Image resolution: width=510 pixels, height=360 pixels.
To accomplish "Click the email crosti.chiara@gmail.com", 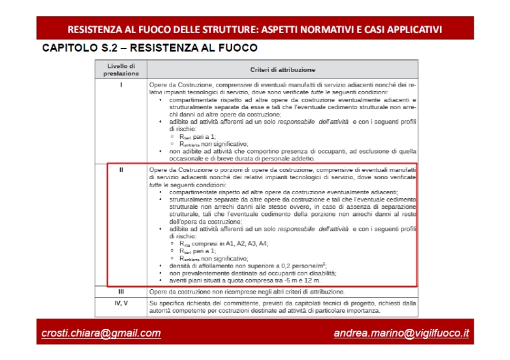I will click(101, 333).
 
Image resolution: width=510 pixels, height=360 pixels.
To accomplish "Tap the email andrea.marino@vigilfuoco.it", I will click(401, 333).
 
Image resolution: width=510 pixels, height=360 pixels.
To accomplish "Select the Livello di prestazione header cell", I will click(121, 69).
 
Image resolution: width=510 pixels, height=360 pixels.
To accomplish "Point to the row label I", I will click(121, 84).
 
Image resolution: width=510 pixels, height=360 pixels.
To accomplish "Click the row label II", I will click(121, 170).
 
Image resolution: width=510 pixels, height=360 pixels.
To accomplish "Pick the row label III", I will click(121, 292).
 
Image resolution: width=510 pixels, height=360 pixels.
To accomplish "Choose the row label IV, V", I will click(121, 303).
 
